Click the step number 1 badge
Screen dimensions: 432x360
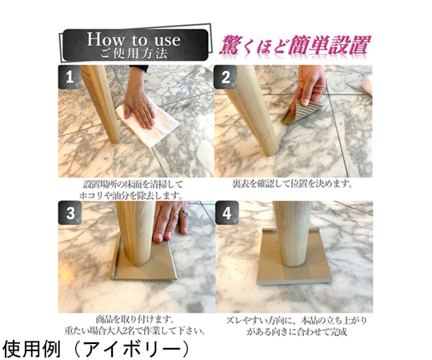tap(70, 77)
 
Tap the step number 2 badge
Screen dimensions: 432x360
tap(226, 77)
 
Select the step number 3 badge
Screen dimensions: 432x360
tap(70, 213)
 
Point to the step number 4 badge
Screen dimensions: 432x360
tap(226, 213)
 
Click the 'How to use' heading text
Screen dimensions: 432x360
tap(134, 40)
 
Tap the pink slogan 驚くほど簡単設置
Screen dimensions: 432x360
tap(294, 45)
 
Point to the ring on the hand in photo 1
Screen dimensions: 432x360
tap(149, 106)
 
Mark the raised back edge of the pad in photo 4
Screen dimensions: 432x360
tap(290, 230)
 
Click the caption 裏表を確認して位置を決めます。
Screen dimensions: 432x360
tap(293, 184)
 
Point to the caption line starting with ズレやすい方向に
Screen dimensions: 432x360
tap(297, 321)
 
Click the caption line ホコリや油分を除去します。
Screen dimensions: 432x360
tap(131, 196)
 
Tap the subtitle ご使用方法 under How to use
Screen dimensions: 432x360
tap(134, 54)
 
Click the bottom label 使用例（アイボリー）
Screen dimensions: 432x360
tap(97, 350)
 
